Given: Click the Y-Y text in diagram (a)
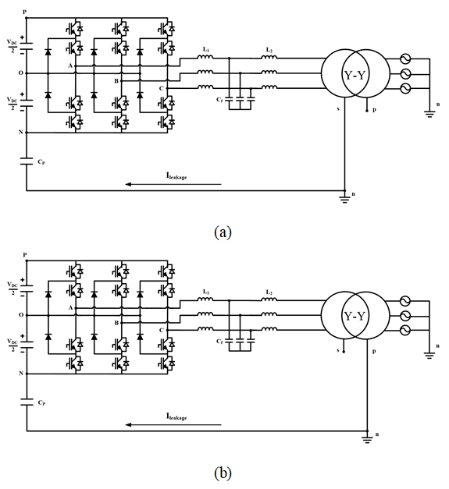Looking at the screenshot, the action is (355, 75).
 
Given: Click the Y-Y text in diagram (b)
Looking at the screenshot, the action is (355, 317).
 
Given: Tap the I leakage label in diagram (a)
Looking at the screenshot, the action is (176, 176).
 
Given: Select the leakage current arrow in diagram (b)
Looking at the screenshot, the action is (173, 425).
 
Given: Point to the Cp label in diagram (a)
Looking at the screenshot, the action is (41, 162).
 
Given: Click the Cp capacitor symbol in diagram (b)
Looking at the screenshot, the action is (27, 402).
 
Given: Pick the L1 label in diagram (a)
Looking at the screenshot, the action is (206, 50).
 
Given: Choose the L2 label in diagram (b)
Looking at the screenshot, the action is (269, 292).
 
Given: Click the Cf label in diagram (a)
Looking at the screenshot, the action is (220, 100).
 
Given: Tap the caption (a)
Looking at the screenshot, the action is (223, 232).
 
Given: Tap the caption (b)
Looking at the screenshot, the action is (223, 473).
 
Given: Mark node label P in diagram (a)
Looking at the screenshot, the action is (25, 12).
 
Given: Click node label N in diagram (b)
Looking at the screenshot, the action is (21, 374).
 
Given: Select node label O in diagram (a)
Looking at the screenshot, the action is (20, 73).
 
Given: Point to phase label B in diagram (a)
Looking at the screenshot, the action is (116, 81).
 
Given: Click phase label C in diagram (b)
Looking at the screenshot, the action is (162, 330).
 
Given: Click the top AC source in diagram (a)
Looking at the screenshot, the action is (405, 59).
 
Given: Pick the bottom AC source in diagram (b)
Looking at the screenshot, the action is (405, 330).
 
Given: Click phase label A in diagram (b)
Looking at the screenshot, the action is (70, 308).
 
